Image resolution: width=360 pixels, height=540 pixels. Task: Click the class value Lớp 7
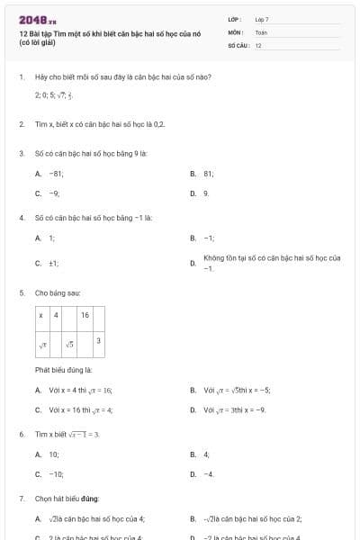261,19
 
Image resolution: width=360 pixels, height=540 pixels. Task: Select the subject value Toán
261,31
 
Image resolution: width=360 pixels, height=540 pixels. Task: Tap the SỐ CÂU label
238,44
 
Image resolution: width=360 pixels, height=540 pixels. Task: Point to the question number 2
21,124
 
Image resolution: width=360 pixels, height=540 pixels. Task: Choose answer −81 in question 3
56,173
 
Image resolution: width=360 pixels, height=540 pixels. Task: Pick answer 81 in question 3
209,173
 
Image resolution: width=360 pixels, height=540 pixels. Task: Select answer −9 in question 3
55,193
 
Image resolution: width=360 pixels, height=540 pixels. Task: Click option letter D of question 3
193,193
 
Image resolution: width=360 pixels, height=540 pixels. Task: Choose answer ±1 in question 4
54,263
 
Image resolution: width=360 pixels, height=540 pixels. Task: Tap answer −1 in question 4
209,238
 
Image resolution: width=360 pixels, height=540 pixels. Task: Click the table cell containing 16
85,316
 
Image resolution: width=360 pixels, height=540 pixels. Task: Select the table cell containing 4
56,316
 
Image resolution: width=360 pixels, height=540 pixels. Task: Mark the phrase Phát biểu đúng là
63,370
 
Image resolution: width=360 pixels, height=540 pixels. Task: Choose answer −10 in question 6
56,473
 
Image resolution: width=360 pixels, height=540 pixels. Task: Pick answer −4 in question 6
209,473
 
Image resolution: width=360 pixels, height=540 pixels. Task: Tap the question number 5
21,293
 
